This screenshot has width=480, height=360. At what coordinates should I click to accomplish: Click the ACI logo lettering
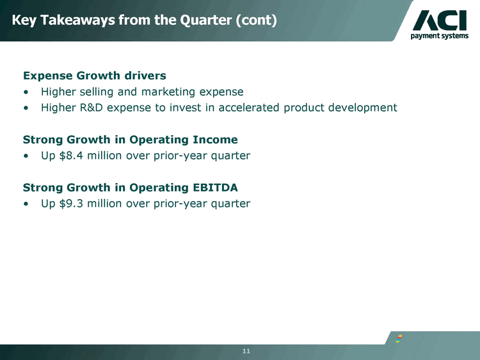440,20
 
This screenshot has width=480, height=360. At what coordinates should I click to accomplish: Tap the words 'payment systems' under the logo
440,36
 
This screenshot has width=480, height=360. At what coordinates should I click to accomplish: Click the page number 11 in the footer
246,351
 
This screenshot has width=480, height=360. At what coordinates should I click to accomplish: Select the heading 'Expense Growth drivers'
95,76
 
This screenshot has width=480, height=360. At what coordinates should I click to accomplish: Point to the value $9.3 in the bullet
71,203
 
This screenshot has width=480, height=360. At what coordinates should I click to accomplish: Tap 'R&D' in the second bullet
92,108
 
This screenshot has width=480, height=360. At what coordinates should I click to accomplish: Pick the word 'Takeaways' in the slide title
77,20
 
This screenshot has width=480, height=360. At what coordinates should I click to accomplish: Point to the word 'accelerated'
248,108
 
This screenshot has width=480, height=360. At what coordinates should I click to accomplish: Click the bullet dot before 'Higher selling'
26,92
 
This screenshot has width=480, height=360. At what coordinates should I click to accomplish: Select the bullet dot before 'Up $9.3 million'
26,204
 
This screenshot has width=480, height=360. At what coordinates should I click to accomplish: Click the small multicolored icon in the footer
399,339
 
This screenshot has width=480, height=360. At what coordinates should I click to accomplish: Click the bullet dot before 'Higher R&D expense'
26,108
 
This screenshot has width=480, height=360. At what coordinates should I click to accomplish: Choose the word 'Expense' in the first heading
48,76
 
